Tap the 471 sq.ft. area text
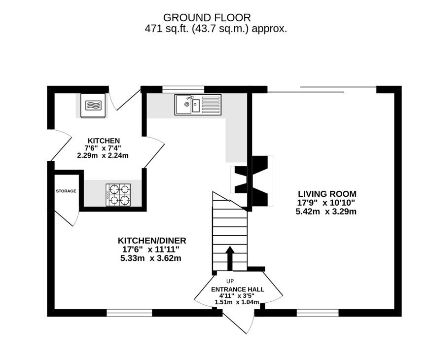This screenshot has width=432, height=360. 216,29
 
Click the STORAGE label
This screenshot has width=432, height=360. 66,191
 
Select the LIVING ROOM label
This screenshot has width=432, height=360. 326,194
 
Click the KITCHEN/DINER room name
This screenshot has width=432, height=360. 151,241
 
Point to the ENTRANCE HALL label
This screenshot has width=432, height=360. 237,289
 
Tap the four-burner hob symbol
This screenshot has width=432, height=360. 118,194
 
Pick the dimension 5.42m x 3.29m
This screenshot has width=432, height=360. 326,212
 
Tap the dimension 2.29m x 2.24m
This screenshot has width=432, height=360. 103,155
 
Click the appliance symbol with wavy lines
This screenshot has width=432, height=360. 93,106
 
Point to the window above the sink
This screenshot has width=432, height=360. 183,89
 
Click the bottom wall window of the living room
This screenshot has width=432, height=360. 317,312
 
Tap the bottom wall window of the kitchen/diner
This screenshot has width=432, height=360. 129,312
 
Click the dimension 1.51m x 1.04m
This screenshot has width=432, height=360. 237,302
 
